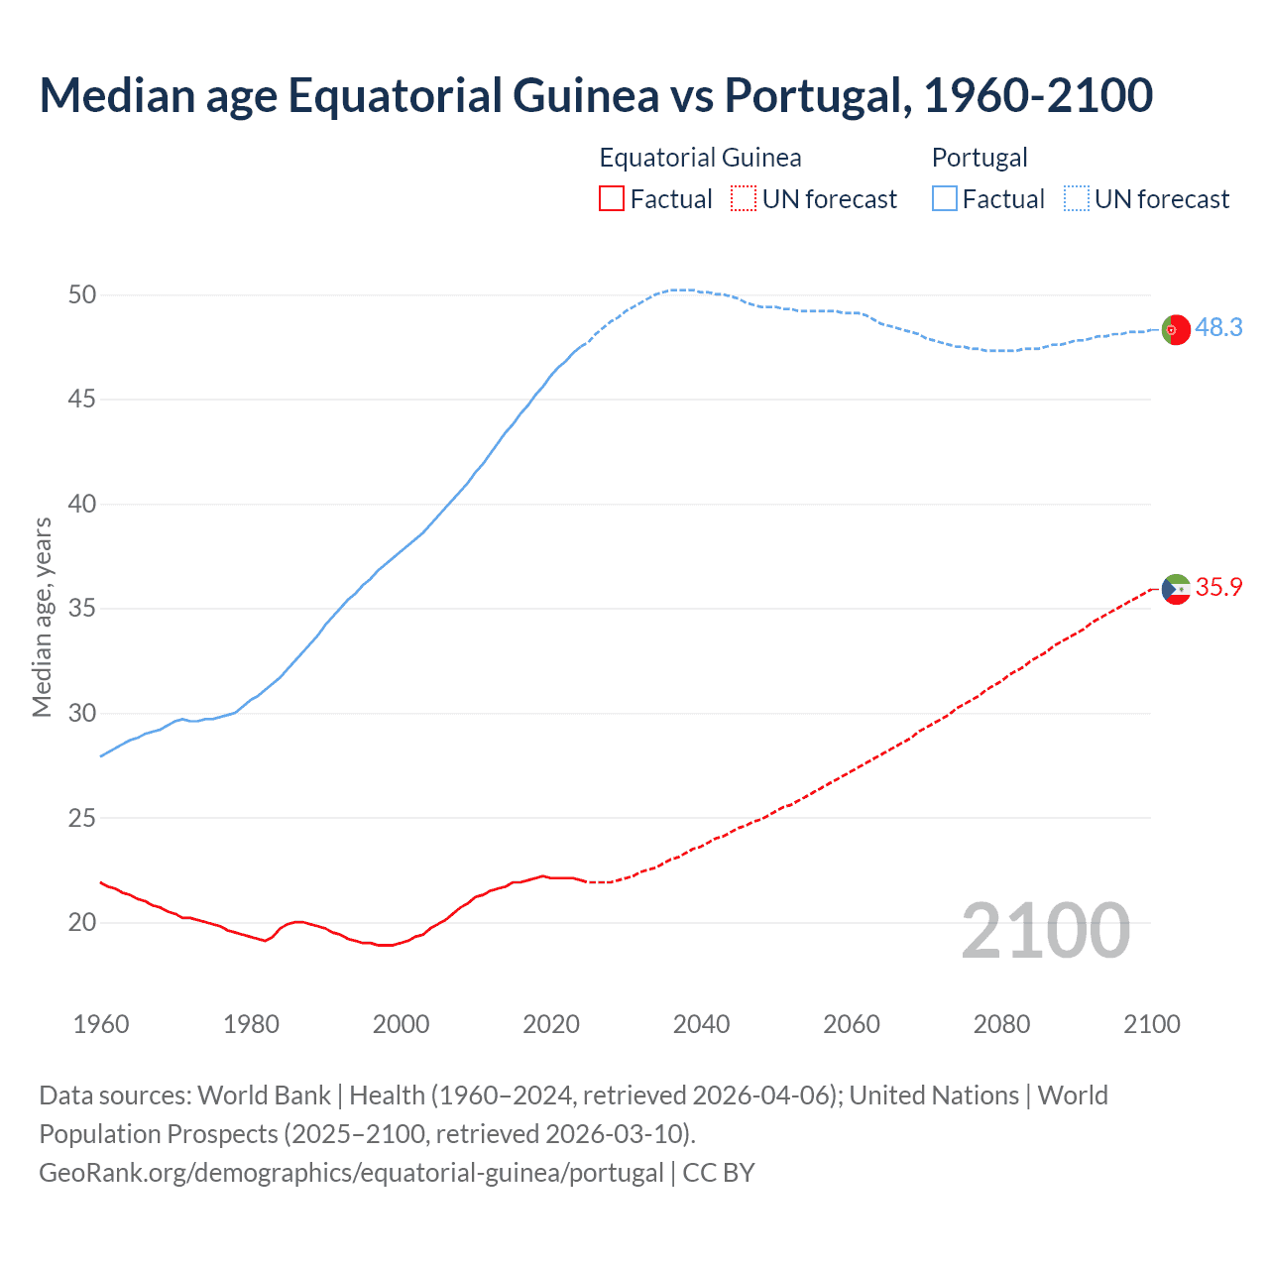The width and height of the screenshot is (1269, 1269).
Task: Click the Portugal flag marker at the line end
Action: (x=1175, y=329)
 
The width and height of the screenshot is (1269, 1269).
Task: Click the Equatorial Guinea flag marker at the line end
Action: (x=1175, y=589)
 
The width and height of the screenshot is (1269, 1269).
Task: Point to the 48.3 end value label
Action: (x=1218, y=327)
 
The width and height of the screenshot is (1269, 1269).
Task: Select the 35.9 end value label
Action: (x=1218, y=587)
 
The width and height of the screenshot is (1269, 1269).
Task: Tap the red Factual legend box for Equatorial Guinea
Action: (x=612, y=199)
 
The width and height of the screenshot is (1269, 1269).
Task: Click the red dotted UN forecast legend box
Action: (x=744, y=199)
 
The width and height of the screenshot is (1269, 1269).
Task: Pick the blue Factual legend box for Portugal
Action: (x=945, y=199)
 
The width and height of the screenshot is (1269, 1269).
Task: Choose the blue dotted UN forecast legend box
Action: (x=1077, y=199)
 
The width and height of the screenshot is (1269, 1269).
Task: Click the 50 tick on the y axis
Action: (x=82, y=294)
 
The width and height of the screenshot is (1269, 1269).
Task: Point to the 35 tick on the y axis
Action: (x=82, y=608)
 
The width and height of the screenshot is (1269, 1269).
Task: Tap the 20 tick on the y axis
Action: (x=82, y=922)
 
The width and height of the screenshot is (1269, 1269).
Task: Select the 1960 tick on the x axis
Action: (x=101, y=1024)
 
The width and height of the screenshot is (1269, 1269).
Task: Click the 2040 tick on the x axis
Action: (x=701, y=1024)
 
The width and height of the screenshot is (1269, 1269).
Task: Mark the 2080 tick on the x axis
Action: (x=1001, y=1024)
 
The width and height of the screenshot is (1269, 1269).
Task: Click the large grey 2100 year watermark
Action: (x=1045, y=930)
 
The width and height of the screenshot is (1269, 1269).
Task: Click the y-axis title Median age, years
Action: (x=42, y=617)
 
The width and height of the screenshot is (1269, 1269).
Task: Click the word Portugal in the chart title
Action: (x=817, y=95)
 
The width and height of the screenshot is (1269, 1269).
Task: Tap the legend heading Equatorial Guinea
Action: (x=700, y=158)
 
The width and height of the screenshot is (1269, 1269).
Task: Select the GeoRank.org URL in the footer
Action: (x=351, y=1173)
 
